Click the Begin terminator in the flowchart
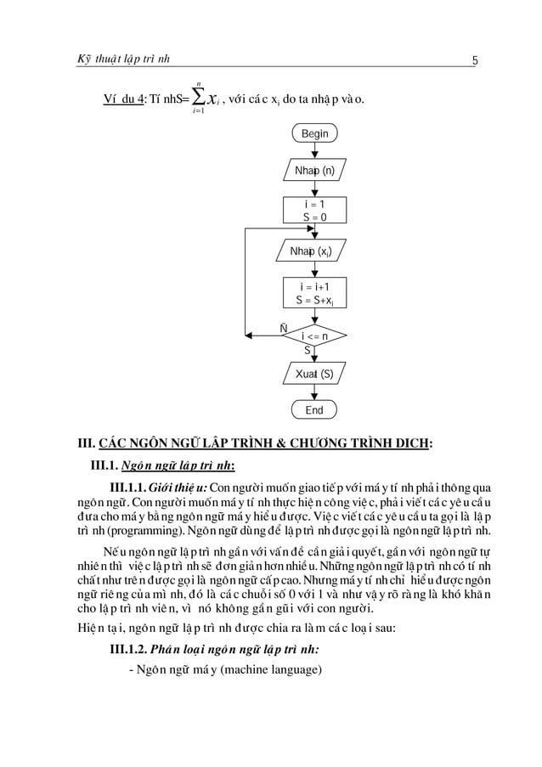click(314, 133)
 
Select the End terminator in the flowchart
click(314, 410)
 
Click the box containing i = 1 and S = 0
click(314, 211)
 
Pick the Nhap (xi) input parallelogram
click(314, 252)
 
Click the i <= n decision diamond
click(314, 336)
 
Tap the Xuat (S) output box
click(314, 375)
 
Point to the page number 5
click(477, 59)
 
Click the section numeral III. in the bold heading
click(86, 443)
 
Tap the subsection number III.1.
click(104, 465)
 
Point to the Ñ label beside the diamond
click(283, 327)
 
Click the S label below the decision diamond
click(308, 350)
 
